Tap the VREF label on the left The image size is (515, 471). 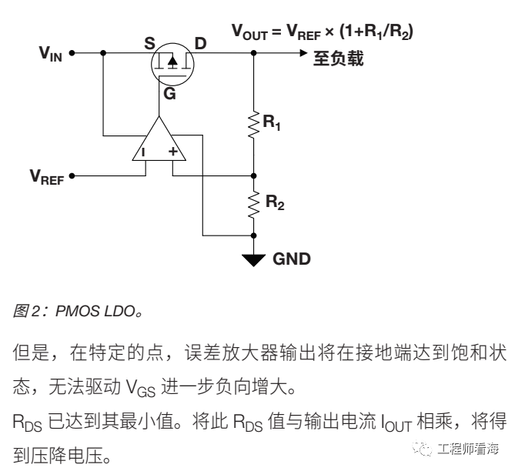[x=47, y=177]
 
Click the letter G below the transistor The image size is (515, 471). [x=169, y=95]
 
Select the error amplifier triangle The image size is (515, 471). [x=157, y=143]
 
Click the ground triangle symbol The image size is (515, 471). [x=254, y=260]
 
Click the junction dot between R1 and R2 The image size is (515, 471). [x=254, y=175]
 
